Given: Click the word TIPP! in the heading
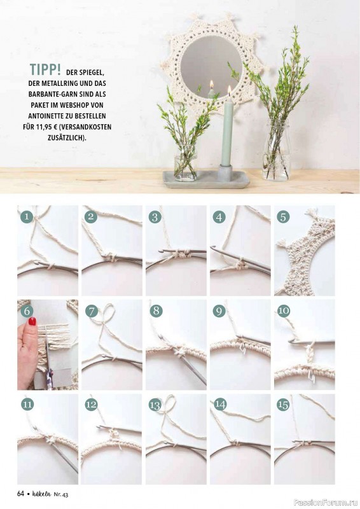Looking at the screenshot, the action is point(45,69).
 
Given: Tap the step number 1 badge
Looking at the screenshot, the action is point(27,216).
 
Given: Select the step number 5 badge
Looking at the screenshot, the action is point(283,216).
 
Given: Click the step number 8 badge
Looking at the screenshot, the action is point(156,310).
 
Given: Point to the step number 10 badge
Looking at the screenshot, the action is point(284,310).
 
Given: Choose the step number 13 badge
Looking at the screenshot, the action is point(155,405).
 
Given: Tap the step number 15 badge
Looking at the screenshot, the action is point(283,405).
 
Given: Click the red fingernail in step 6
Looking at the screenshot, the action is point(32,321).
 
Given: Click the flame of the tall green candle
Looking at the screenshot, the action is point(230,89).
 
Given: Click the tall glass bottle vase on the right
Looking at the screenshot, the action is point(276,150).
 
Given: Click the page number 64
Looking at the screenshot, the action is point(21,494).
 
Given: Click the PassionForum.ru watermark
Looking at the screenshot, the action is point(326,503).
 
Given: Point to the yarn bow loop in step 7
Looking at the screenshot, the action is point(107,312).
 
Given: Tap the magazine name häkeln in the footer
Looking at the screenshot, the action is point(42,494).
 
